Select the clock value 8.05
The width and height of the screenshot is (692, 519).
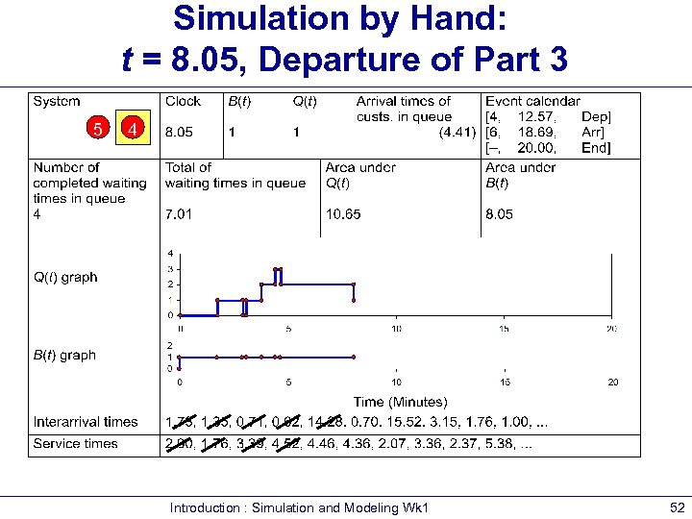[x=181, y=132]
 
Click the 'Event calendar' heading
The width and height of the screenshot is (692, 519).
[x=532, y=101]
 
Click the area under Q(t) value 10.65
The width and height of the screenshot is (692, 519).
[x=343, y=214]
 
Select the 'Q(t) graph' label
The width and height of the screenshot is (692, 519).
[x=65, y=278]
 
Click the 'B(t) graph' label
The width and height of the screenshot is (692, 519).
[x=65, y=355]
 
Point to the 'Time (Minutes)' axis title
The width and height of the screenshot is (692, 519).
[x=400, y=402]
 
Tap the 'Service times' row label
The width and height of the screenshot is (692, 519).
[x=75, y=444]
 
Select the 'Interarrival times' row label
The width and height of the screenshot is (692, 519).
[x=85, y=422]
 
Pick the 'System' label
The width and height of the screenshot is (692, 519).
[x=57, y=101]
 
